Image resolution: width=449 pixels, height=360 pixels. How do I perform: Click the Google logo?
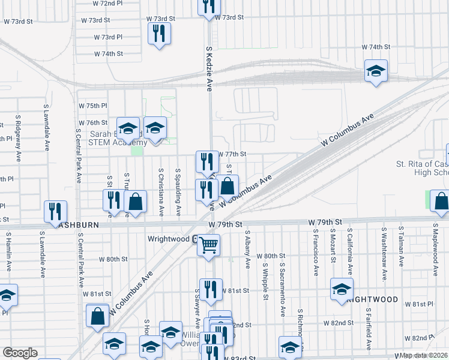point(20,353)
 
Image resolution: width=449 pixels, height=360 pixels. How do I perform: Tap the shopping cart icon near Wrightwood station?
point(208,245)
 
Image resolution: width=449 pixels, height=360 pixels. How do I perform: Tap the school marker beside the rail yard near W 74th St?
point(376,72)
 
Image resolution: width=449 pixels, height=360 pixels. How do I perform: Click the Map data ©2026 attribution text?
point(424,355)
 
